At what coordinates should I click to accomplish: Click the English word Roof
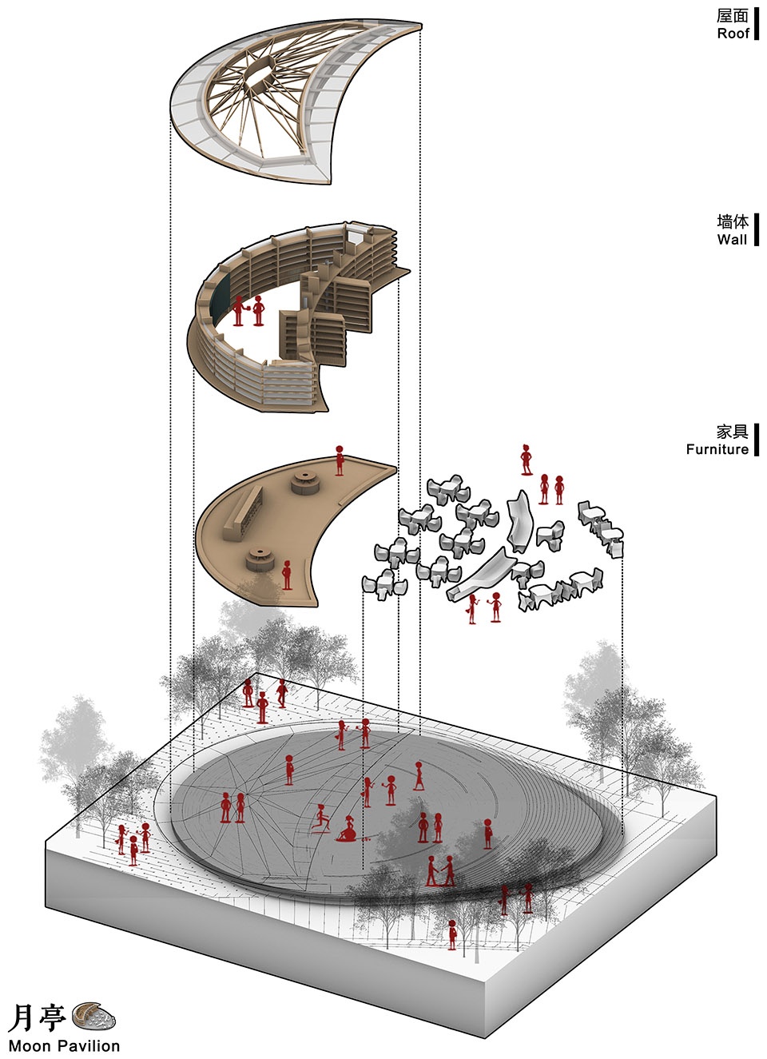(x=733, y=34)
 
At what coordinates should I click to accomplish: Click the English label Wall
(x=732, y=239)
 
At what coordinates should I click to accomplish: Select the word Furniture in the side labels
(x=717, y=448)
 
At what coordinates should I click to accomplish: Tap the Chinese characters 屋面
(x=733, y=16)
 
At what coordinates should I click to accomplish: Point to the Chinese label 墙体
(x=733, y=221)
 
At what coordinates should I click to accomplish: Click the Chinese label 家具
(x=733, y=432)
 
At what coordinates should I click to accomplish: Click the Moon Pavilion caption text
(x=64, y=1045)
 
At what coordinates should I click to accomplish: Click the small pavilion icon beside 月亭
(x=93, y=1013)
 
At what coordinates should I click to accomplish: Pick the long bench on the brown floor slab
(x=244, y=512)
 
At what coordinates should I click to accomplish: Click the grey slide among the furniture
(x=479, y=575)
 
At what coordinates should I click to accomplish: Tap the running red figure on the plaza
(x=321, y=818)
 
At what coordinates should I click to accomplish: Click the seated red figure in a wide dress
(x=349, y=830)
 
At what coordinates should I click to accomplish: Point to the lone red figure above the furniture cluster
(x=526, y=460)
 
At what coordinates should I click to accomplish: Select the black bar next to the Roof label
(x=756, y=24)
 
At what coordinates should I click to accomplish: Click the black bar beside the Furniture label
(x=756, y=440)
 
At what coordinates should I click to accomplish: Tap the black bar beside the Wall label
(x=756, y=229)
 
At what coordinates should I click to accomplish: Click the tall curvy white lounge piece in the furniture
(x=521, y=520)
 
